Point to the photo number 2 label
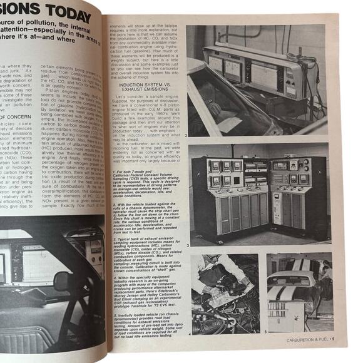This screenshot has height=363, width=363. [187, 134]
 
